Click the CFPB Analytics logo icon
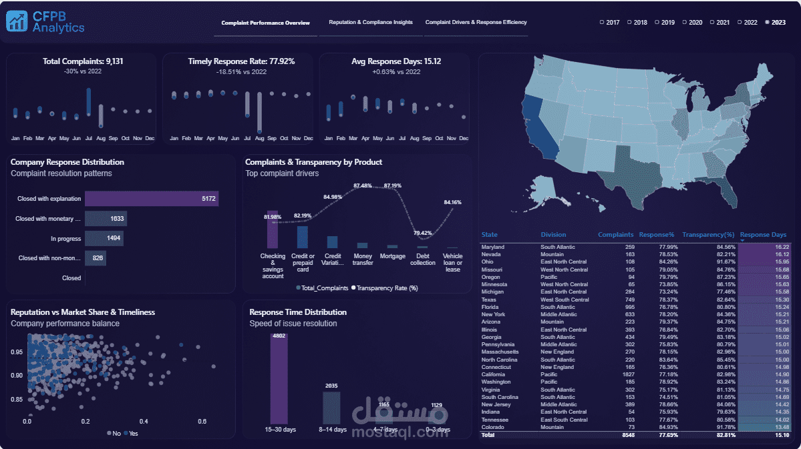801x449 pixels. point(17,22)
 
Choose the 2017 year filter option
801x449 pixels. point(609,23)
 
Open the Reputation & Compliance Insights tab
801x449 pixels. point(371,23)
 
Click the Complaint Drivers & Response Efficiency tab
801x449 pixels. point(476,23)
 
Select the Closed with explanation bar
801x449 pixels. point(152,199)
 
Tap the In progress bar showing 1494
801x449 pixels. point(104,239)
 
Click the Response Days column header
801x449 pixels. point(763,235)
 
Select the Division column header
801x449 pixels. point(553,235)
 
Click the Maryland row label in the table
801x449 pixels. point(493,247)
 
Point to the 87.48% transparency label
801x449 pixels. point(363,185)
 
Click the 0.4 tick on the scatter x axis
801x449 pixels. point(144,422)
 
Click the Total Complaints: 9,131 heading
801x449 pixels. point(83,61)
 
